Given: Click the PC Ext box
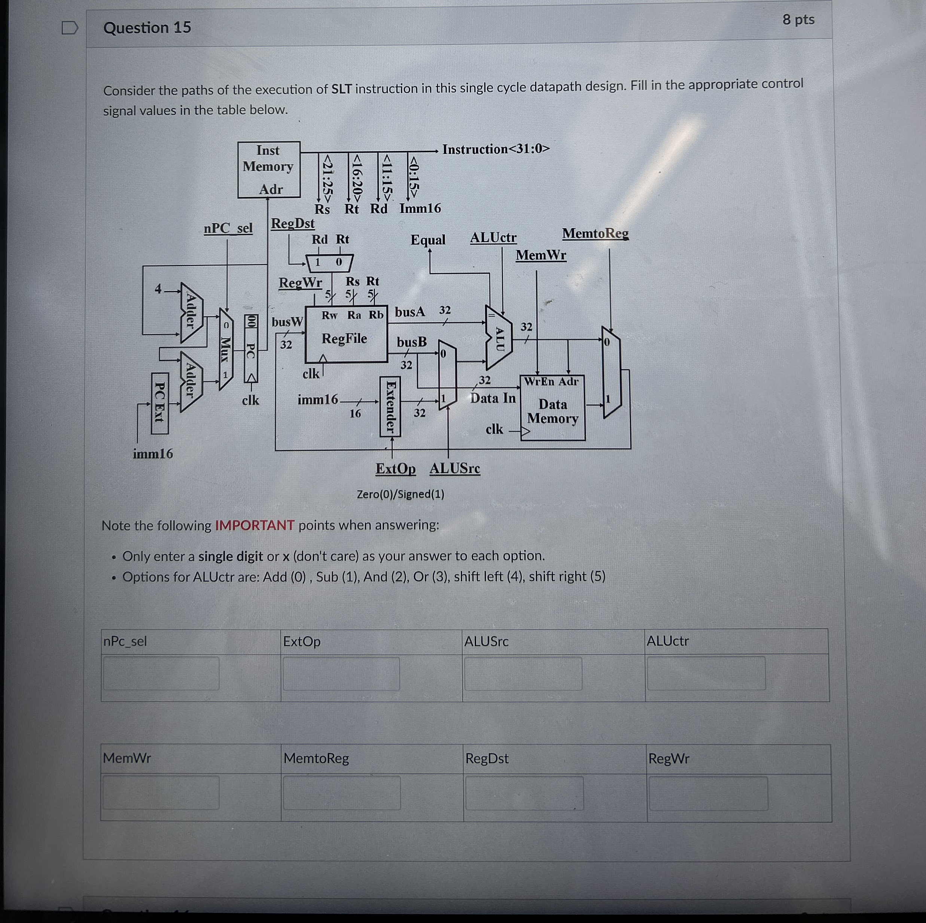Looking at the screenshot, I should tap(159, 403).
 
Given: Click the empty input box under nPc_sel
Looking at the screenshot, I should tap(161, 673).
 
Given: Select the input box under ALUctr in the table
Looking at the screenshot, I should tap(706, 673).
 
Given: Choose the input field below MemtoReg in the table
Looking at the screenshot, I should tap(341, 793).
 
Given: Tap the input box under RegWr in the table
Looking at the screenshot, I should tap(708, 793).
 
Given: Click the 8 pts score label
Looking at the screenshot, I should tap(798, 19).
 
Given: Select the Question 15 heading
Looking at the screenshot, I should tap(147, 28).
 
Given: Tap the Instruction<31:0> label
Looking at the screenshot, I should tap(496, 149).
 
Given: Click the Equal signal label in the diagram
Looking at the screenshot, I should tap(427, 240).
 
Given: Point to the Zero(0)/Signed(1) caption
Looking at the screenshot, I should tap(400, 494).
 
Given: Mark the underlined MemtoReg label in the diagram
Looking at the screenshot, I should tap(595, 234).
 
